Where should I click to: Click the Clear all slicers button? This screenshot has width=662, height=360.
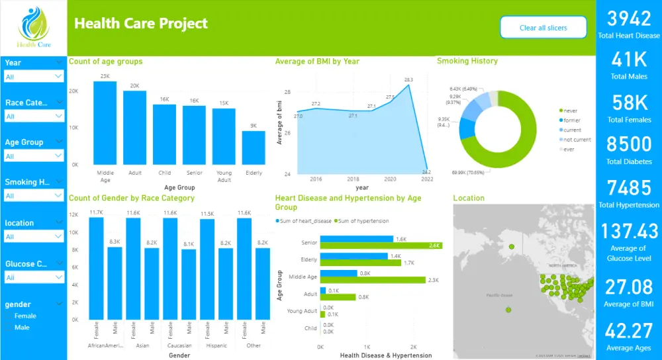coord(543,28)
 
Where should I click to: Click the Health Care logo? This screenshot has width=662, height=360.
coord(33,28)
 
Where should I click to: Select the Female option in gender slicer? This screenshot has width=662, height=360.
coord(25,316)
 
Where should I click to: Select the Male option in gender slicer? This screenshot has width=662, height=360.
coord(22,327)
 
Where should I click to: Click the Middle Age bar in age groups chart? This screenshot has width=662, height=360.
coord(105,123)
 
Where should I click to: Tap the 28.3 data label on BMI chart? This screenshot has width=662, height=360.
coord(408,80)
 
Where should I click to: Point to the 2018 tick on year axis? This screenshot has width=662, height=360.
coord(353,179)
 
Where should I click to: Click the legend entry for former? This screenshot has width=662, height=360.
coord(571,120)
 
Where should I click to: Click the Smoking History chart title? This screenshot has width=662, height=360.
coord(467,61)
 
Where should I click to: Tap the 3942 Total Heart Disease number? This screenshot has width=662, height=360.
coord(628,19)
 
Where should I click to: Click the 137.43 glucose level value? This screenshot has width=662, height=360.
coord(628,231)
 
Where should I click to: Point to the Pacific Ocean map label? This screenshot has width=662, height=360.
coord(499,295)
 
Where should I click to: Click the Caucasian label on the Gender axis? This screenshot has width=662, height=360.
coord(179,345)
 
